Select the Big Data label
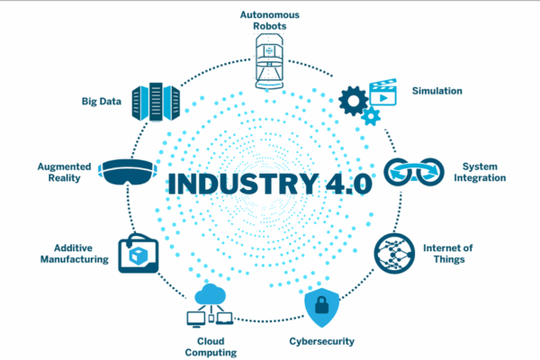point(97,102)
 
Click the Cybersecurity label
point(321,341)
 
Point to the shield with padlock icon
point(322,307)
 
